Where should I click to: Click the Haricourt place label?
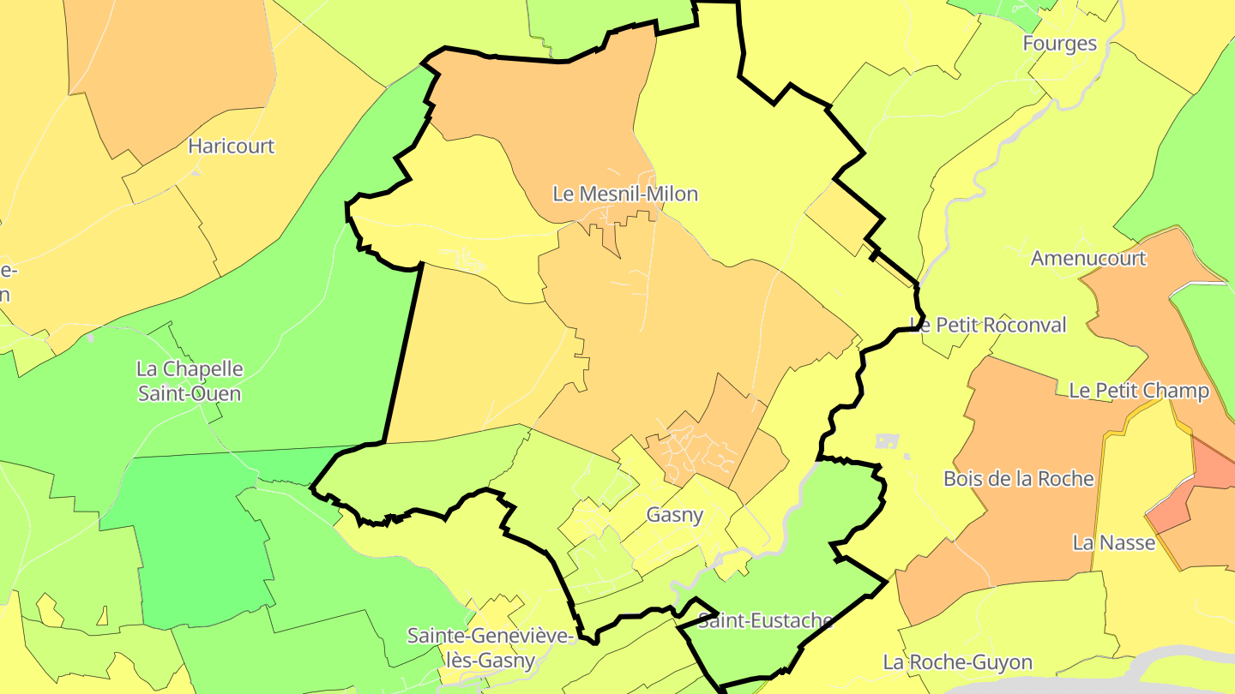(232, 146)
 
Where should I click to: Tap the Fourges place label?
(1059, 44)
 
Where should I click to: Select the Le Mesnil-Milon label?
(625, 194)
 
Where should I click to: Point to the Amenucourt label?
(1088, 258)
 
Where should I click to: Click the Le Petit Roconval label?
(988, 325)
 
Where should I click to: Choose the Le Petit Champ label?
(1138, 391)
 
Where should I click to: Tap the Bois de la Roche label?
(1018, 479)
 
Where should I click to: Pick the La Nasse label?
(1114, 542)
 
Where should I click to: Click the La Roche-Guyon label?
(957, 662)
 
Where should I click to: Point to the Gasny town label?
(675, 515)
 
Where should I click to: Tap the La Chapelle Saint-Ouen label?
(190, 381)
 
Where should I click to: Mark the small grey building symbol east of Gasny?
(887, 441)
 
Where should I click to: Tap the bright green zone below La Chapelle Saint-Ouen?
(197, 540)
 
